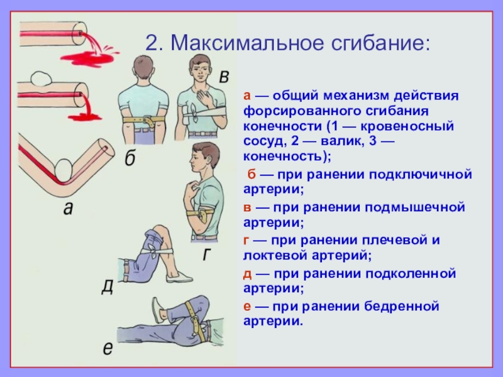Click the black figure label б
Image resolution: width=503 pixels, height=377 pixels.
[130, 158]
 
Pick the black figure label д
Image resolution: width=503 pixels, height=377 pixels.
[108, 287]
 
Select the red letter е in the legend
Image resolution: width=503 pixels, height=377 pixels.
[248, 306]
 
